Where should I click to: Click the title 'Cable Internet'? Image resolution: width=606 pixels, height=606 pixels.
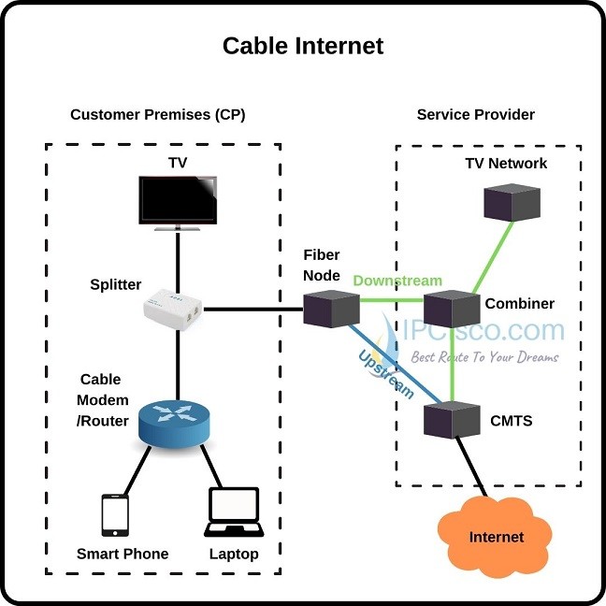click(302, 45)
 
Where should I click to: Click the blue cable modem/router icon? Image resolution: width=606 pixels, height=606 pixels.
click(174, 423)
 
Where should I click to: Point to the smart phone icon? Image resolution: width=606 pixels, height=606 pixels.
click(115, 516)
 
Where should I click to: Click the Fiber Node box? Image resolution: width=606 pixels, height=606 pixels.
click(331, 308)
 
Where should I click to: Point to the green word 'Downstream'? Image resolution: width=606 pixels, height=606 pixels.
click(397, 281)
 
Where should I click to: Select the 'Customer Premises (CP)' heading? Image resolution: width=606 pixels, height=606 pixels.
click(157, 115)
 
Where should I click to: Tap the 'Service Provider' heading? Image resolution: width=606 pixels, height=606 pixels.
click(475, 115)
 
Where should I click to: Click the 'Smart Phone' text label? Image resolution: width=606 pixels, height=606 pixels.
click(123, 554)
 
